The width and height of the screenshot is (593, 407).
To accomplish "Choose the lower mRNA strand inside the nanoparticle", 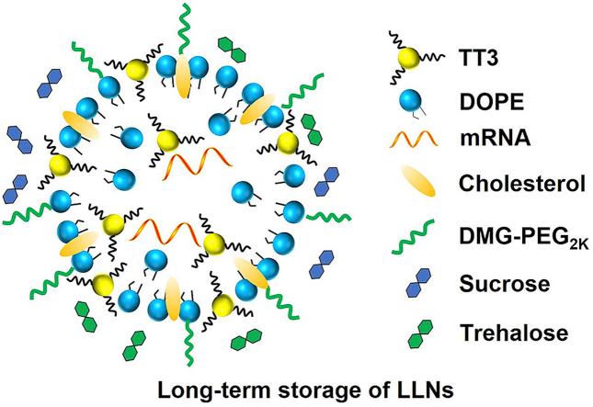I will tap(170, 231).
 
